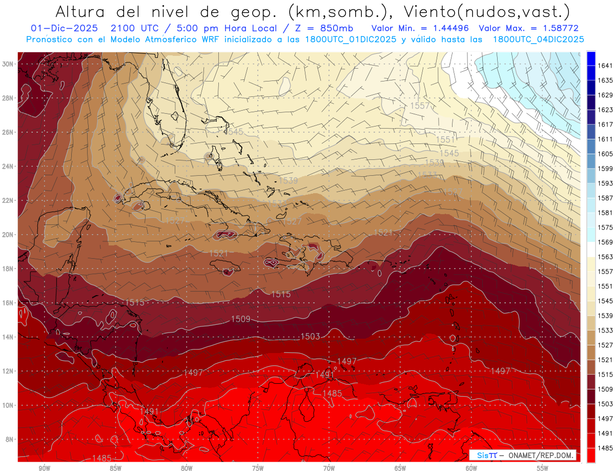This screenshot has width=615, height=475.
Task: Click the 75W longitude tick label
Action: pos(258,468)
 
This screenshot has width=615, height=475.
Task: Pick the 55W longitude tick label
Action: pos(543,468)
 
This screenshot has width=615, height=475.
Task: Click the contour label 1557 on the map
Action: pos(420,106)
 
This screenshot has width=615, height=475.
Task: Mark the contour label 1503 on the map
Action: pos(310,336)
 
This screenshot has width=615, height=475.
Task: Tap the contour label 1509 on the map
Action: pos(240,319)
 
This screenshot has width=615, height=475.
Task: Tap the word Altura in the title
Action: pos(82,11)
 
